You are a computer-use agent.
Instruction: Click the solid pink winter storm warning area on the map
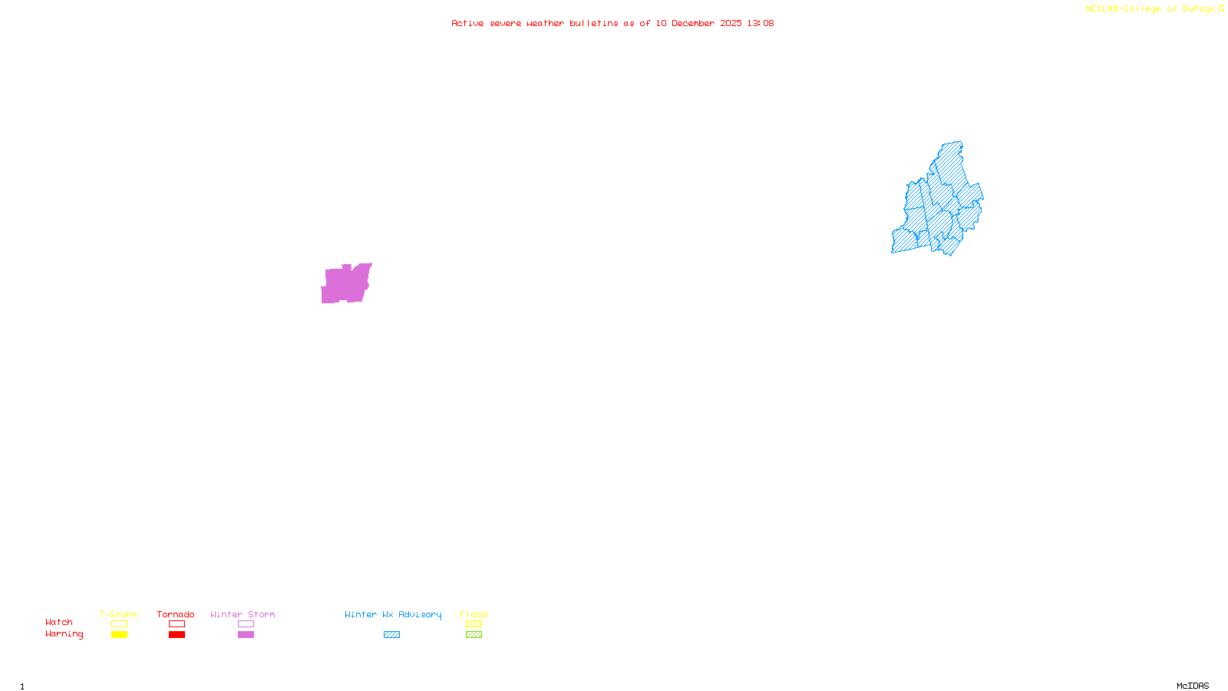[x=345, y=285]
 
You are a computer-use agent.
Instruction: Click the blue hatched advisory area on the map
[x=940, y=203]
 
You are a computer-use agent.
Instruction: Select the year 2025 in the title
[x=731, y=24]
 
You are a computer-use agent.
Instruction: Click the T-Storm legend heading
[x=118, y=614]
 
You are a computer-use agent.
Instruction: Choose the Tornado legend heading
[x=176, y=614]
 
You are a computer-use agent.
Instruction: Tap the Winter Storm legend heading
[x=243, y=614]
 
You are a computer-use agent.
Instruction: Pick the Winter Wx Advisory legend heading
[x=393, y=614]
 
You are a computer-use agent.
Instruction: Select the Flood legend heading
[x=474, y=614]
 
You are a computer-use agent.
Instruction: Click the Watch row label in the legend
[x=59, y=623]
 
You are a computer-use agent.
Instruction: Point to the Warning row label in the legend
[x=64, y=634]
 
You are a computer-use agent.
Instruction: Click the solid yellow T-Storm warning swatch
[x=119, y=635]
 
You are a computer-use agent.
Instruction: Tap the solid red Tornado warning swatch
[x=177, y=635]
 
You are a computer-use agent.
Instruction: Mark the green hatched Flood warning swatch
[x=474, y=635]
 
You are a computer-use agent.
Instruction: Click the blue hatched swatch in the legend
[x=391, y=635]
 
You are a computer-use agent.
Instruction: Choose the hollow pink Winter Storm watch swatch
[x=246, y=624]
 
